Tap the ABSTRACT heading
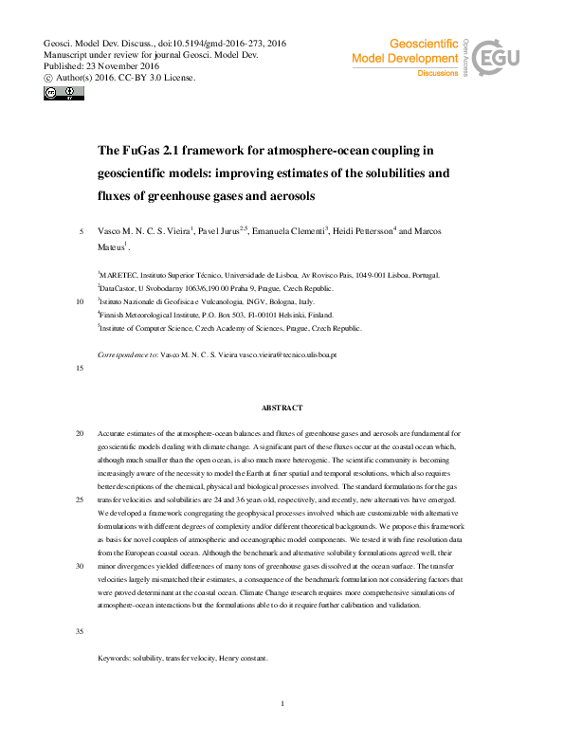click(x=282, y=408)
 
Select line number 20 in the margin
click(x=80, y=433)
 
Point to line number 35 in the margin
click(x=80, y=630)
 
